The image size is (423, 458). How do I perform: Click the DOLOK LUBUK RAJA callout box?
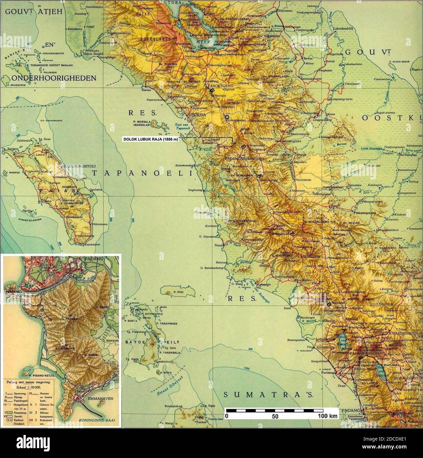(150, 139)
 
